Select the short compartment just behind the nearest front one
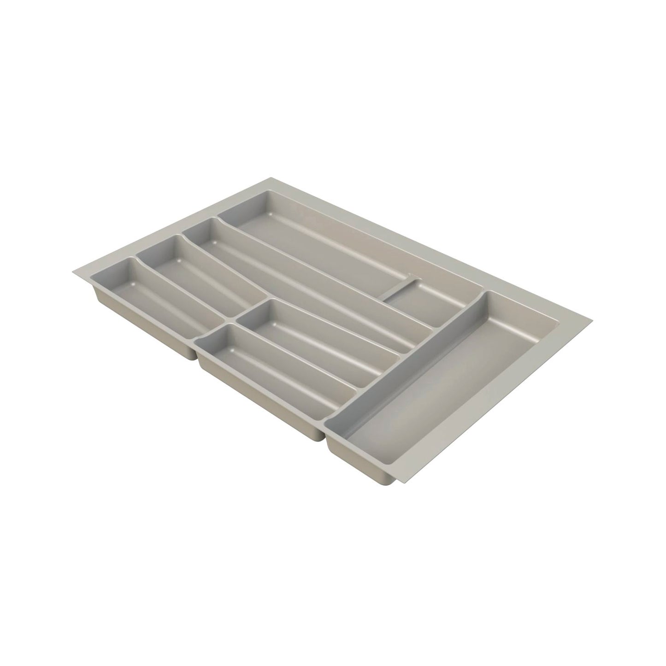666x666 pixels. [x=318, y=336]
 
